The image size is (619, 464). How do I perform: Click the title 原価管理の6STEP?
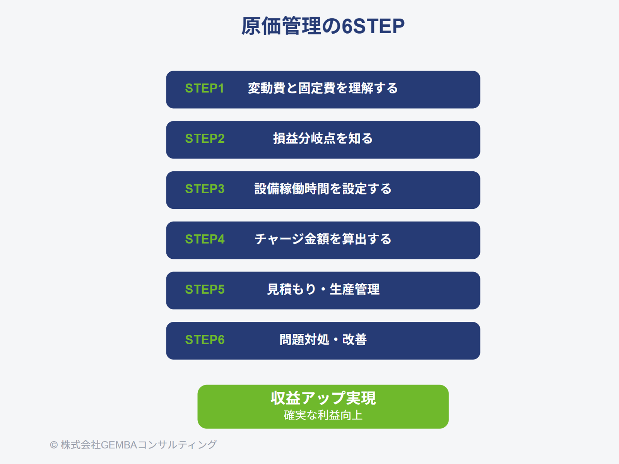[x=323, y=26]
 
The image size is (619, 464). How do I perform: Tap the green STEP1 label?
[x=204, y=89]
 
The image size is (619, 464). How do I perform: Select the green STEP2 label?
[x=205, y=138]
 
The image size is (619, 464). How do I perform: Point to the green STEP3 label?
[x=205, y=189]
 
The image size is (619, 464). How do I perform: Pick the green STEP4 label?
[x=205, y=239]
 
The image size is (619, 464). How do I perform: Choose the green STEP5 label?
[x=205, y=289]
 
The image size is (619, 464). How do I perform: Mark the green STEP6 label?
[x=205, y=339]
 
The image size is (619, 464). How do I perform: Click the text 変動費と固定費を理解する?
[x=323, y=88]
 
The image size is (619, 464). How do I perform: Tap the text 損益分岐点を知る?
[x=323, y=138]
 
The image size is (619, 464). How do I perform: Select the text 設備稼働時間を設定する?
[x=323, y=188]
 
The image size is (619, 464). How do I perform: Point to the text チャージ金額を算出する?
[x=323, y=239]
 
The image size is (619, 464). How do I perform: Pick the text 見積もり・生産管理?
[x=323, y=289]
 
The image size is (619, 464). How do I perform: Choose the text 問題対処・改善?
[x=323, y=339]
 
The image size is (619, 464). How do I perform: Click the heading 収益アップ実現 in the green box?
[x=323, y=398]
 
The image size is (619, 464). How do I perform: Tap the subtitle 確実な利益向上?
[x=323, y=415]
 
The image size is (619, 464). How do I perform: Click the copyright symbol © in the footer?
[x=53, y=445]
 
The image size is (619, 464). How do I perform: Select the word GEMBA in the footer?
[x=119, y=445]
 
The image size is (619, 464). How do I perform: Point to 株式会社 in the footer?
[x=80, y=445]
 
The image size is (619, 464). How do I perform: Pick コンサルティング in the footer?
[x=177, y=445]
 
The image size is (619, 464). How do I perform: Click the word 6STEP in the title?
[x=373, y=26]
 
